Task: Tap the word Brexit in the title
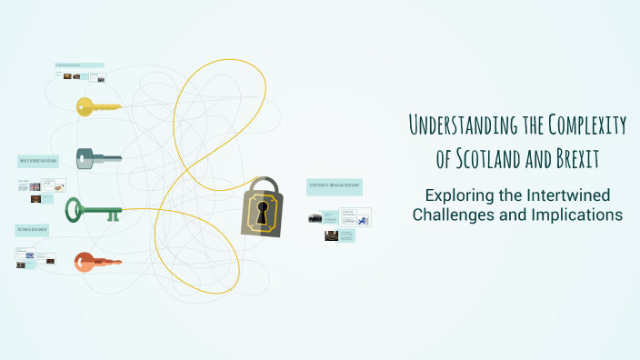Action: point(576,158)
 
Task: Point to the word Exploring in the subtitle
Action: point(460,195)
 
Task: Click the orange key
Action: point(96,262)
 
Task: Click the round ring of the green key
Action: point(75,212)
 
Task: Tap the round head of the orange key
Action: point(84,262)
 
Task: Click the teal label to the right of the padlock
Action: point(334,186)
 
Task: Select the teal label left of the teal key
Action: point(38,161)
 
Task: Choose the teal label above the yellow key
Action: point(79,65)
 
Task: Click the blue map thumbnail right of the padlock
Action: point(363,218)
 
